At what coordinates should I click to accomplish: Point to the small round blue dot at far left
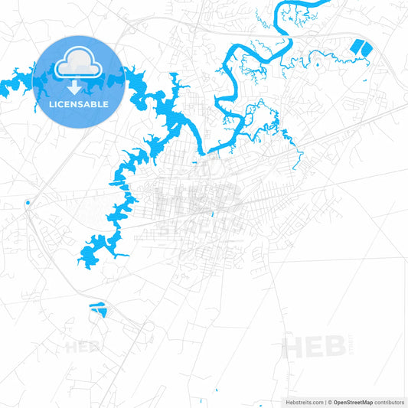(x=28, y=203)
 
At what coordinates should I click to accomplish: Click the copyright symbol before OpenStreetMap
(x=330, y=401)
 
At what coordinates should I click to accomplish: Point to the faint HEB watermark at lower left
(x=84, y=346)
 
